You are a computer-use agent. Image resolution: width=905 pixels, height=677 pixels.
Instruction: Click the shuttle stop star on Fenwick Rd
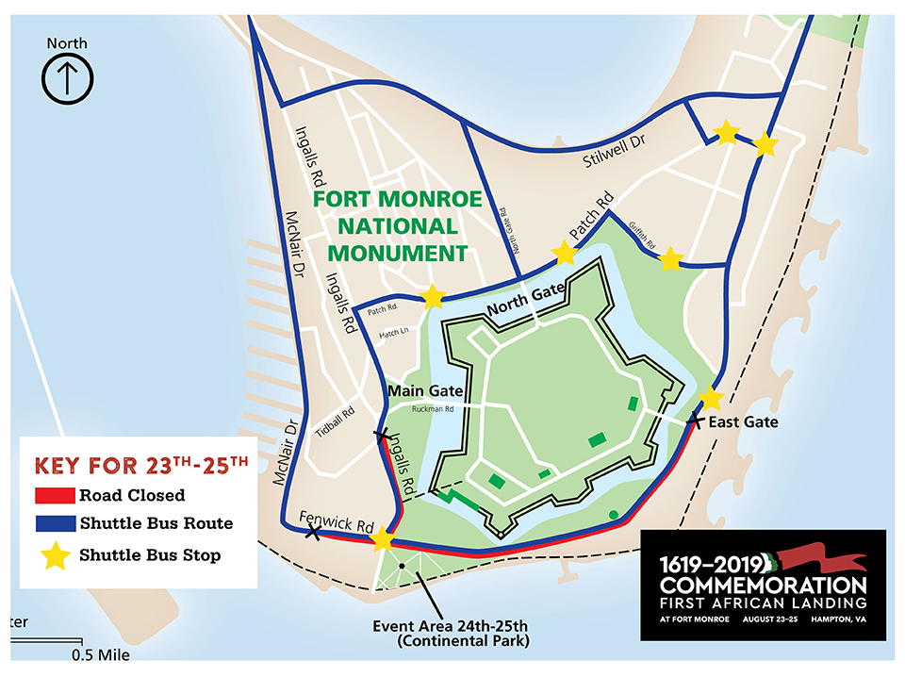[383, 540]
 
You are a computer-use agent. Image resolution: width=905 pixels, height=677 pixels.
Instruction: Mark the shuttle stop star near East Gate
[712, 398]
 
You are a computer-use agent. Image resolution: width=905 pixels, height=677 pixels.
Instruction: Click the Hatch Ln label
[393, 334]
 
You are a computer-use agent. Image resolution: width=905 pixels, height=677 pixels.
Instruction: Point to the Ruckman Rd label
[434, 409]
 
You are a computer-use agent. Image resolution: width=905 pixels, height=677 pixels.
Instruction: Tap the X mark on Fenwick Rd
[313, 533]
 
